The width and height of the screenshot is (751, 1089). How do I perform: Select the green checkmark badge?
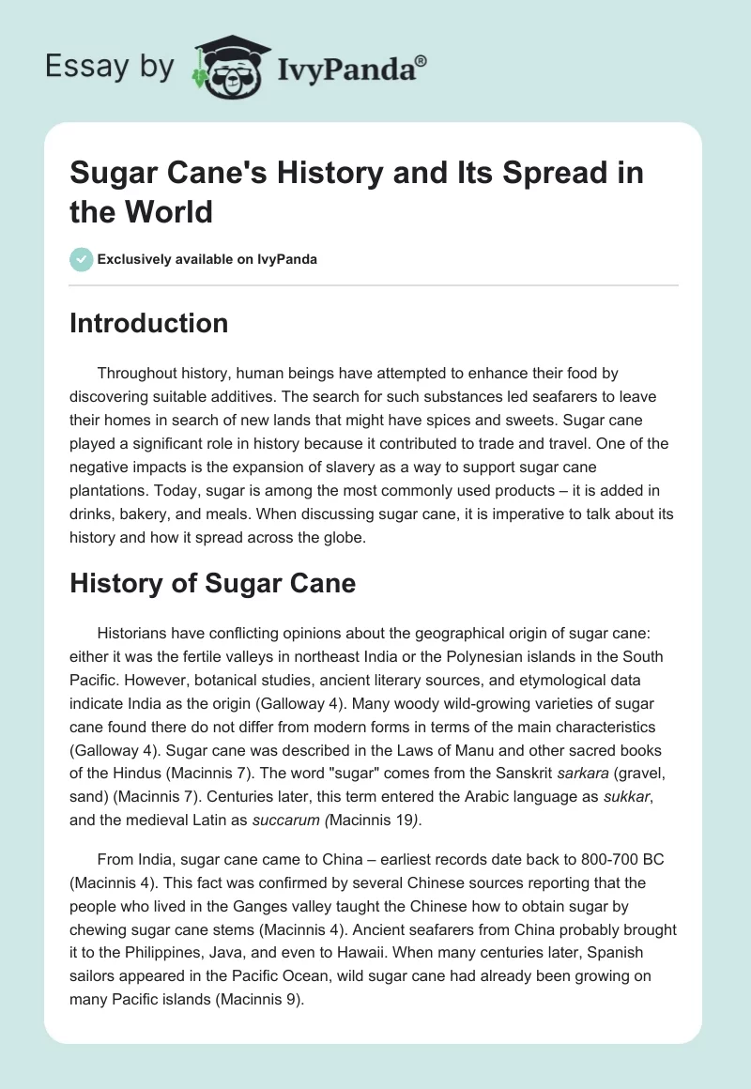(x=82, y=259)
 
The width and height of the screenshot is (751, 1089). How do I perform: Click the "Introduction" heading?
(x=148, y=324)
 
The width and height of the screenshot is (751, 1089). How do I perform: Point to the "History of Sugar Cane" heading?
(x=212, y=583)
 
